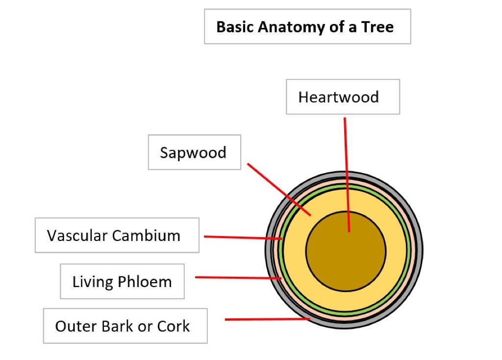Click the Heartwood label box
343,97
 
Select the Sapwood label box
194,152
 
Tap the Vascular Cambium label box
117,235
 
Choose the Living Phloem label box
122,282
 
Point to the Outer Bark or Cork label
125,326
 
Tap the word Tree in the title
377,26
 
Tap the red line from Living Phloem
238,278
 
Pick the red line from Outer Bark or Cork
267,319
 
